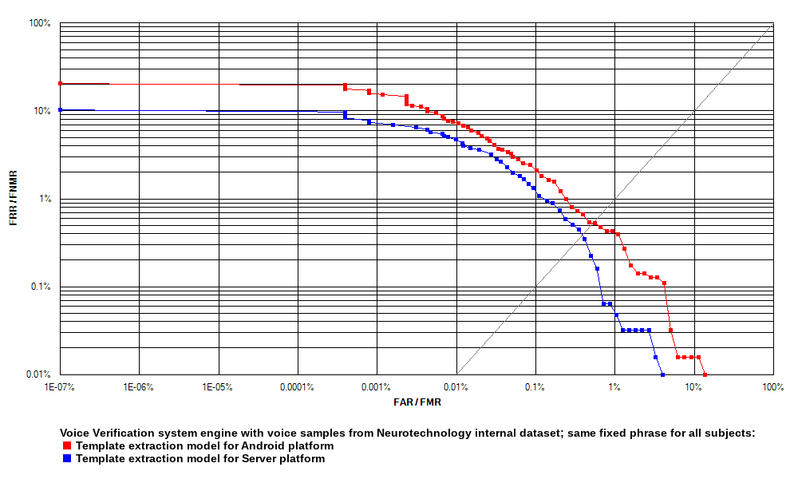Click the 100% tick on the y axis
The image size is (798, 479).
[40, 23]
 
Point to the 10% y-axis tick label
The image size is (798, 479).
[41, 111]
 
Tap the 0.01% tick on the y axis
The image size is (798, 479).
[38, 374]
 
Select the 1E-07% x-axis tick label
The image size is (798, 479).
[60, 387]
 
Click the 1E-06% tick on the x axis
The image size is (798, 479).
[139, 387]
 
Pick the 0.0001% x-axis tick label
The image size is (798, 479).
[298, 387]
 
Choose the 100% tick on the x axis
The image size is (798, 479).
[773, 387]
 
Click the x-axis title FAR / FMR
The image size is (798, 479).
[417, 402]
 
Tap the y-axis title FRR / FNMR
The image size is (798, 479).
[14, 198]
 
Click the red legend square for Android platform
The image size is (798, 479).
[68, 446]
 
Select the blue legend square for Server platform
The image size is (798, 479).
[68, 459]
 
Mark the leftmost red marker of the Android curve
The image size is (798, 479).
[60, 84]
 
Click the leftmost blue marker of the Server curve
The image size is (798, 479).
[60, 110]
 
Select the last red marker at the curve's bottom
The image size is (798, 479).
[705, 374]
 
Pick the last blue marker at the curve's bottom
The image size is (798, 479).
[662, 374]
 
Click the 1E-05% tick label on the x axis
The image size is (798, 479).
[218, 387]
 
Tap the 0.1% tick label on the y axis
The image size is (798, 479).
[40, 287]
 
